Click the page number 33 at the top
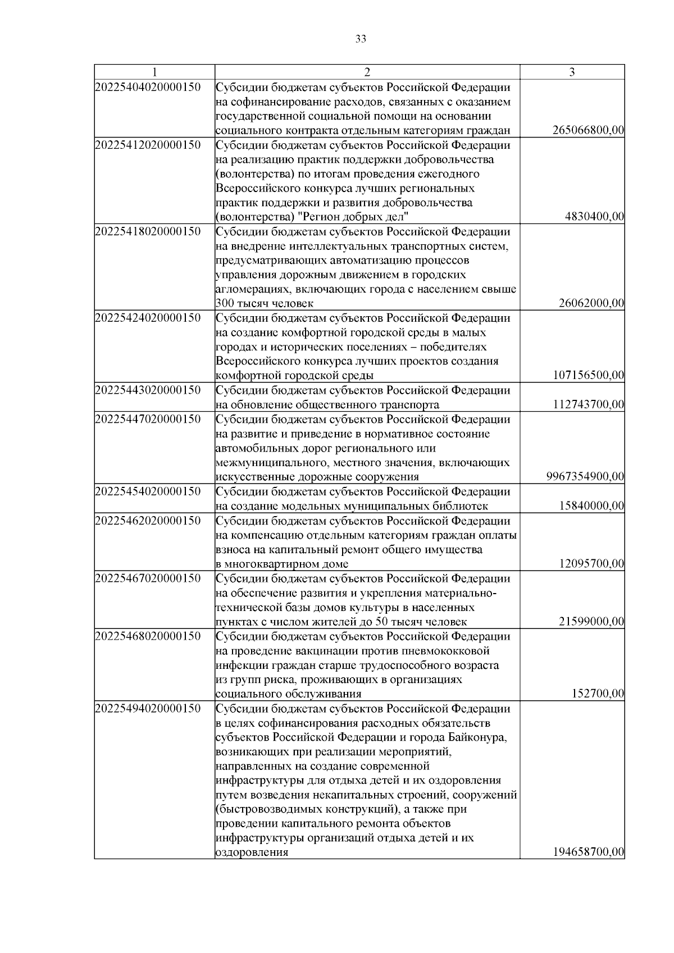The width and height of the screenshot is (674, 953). point(361,39)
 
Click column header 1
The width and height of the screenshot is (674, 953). point(154,72)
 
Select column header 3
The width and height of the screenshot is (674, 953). point(572,72)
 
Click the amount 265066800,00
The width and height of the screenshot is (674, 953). point(588,131)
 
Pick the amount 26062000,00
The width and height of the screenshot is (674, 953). point(591,304)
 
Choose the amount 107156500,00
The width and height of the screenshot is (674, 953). point(588,376)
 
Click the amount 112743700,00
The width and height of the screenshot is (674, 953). point(588,405)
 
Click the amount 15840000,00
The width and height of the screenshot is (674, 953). point(591,506)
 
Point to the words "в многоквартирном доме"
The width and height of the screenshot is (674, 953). point(282,564)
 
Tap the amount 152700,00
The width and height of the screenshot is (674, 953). point(598,694)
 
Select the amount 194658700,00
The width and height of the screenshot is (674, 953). point(588,852)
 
